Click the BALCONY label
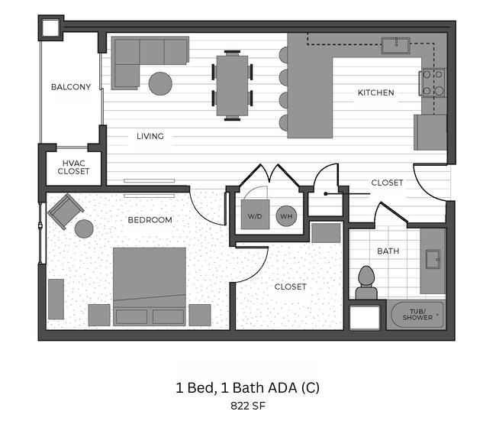tap(71, 87)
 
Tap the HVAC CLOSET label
tap(73, 167)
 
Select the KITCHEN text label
tap(376, 93)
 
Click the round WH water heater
tap(286, 216)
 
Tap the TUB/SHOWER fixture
tap(417, 314)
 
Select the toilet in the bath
tap(366, 282)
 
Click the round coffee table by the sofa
tap(160, 83)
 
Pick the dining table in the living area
tap(232, 85)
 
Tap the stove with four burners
tap(432, 83)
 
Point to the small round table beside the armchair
tap(83, 228)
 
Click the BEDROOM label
tap(150, 220)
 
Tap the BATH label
tap(388, 251)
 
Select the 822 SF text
tap(247, 406)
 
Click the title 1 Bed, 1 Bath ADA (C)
tap(247, 388)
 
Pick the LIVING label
tap(150, 137)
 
